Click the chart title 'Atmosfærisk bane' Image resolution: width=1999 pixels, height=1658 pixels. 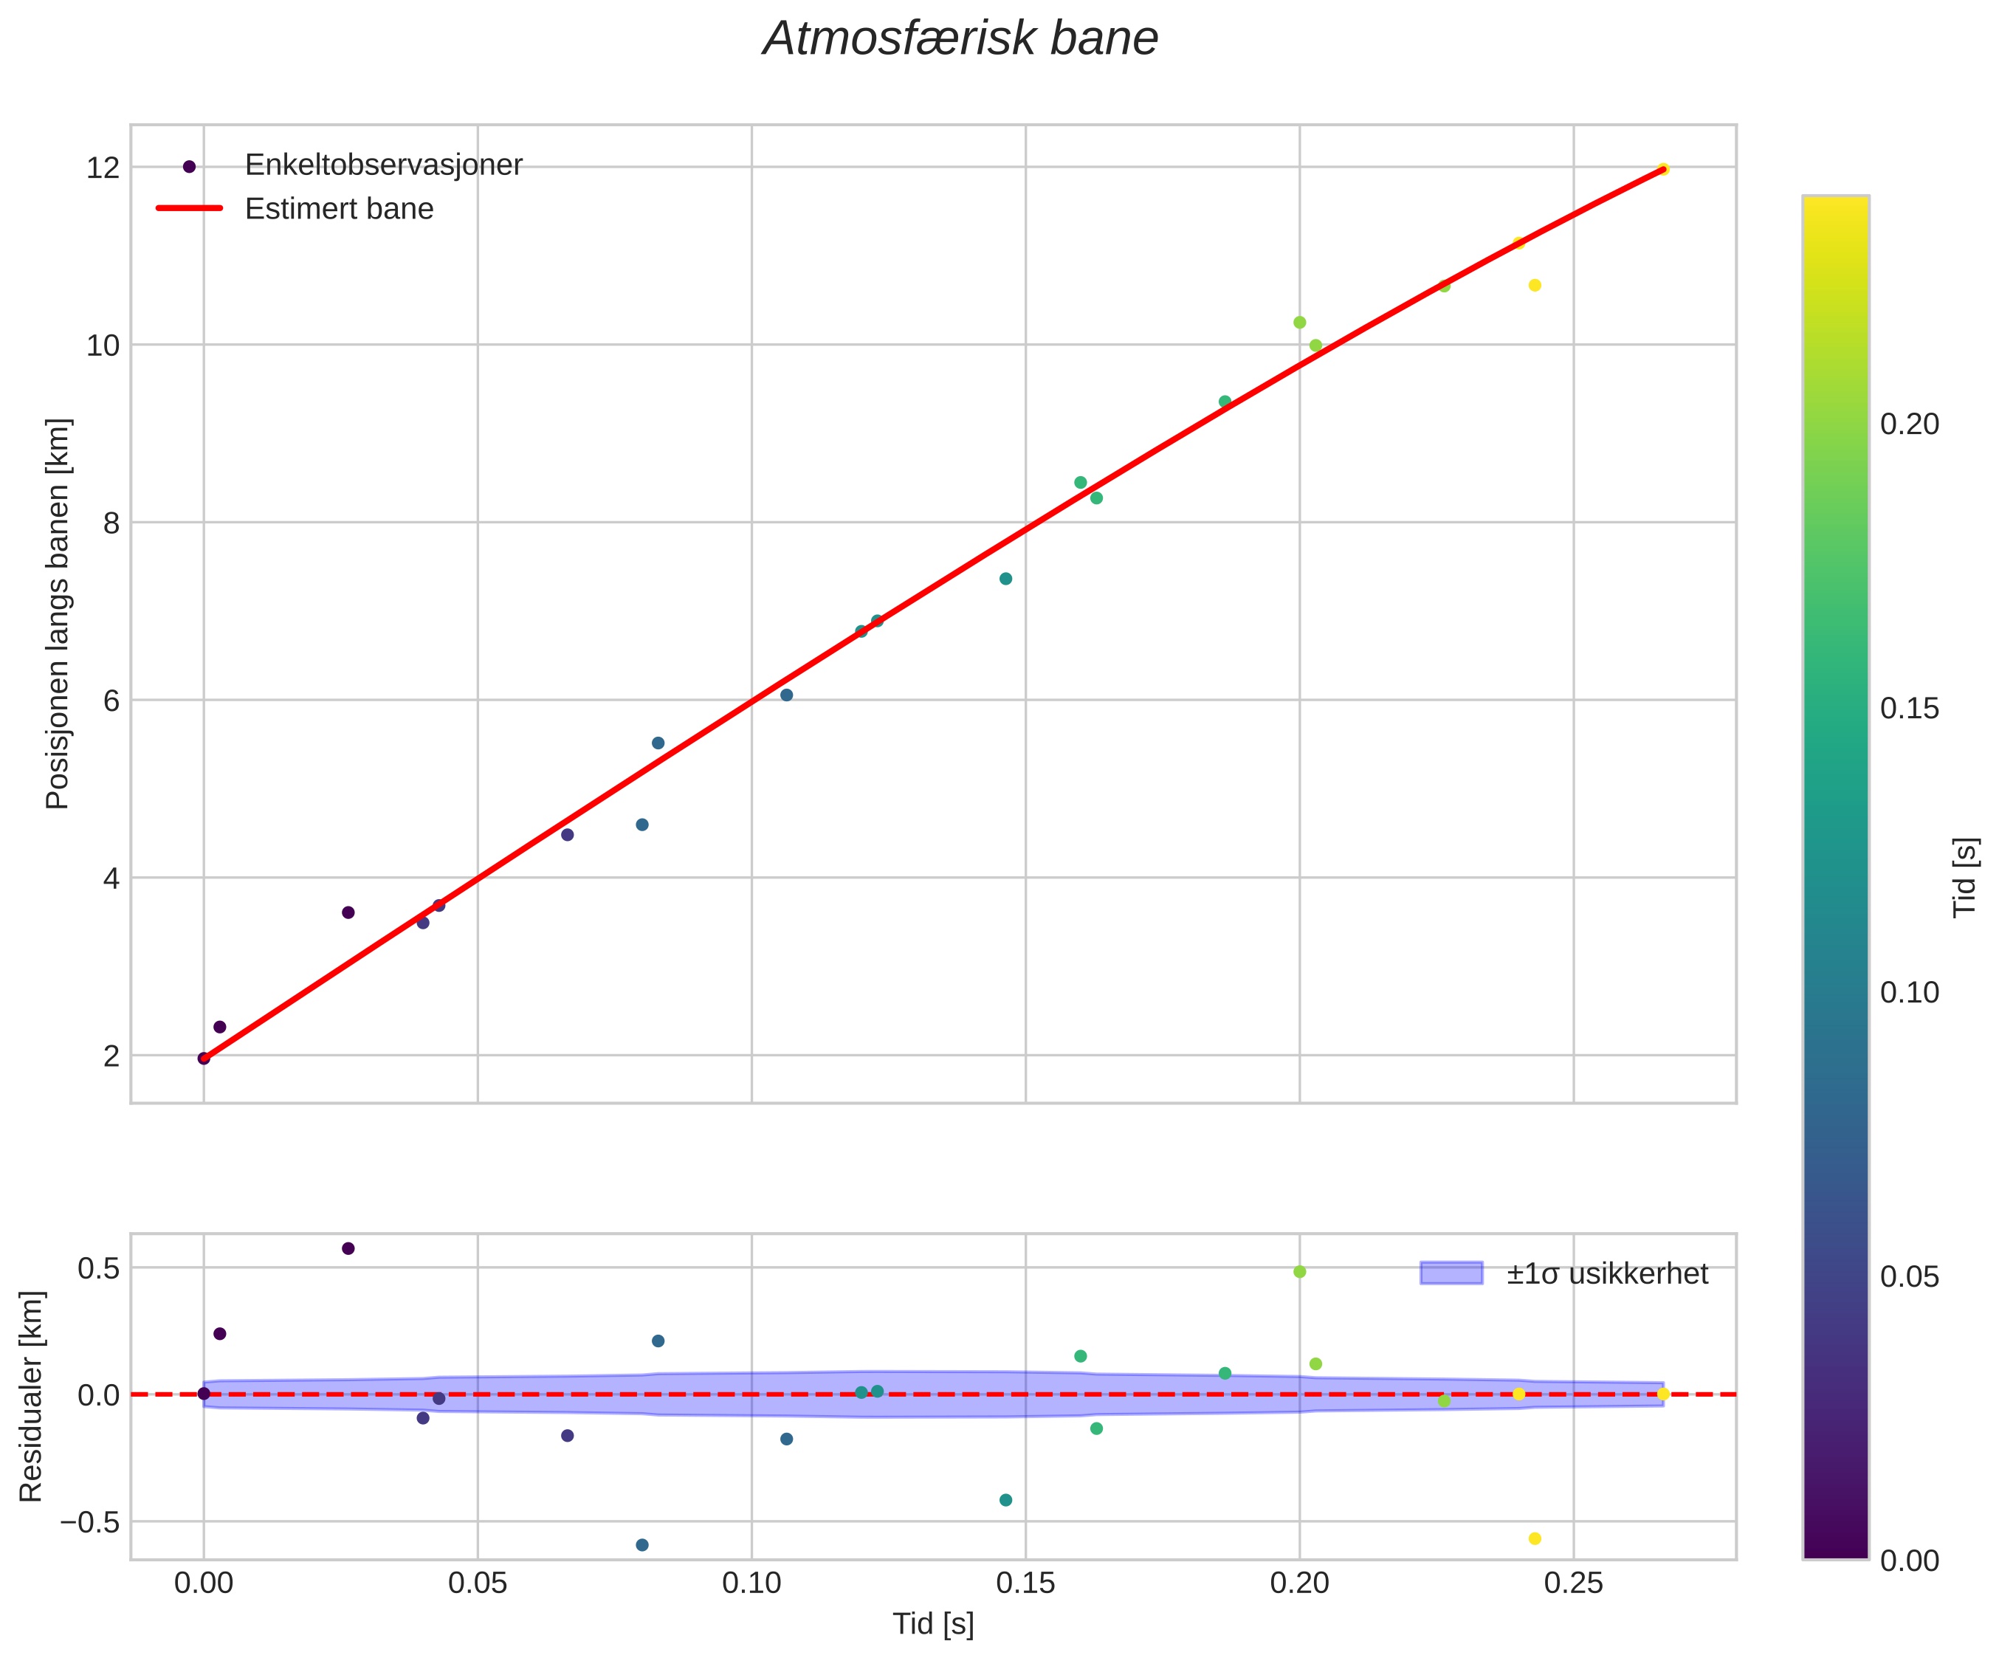(x=960, y=40)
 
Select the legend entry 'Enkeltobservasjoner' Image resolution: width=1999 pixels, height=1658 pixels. (x=384, y=165)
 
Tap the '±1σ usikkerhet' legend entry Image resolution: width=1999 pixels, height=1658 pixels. (x=1607, y=1273)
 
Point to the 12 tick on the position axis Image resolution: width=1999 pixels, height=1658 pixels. (x=104, y=168)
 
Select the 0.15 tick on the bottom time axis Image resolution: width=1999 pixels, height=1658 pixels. (x=1025, y=1583)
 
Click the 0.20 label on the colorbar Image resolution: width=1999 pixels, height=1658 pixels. (x=1910, y=424)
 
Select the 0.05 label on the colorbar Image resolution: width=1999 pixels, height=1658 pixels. (x=1910, y=1277)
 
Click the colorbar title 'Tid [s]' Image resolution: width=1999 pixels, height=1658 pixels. (x=1965, y=876)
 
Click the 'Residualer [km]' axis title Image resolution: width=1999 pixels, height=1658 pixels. (x=32, y=1396)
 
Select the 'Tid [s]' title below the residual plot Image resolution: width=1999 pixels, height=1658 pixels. (x=933, y=1625)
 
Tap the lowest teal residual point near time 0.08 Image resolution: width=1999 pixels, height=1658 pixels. (x=642, y=1545)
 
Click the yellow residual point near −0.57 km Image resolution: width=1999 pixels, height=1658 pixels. (x=1535, y=1538)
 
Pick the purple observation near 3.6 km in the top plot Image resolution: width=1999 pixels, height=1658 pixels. (x=348, y=912)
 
